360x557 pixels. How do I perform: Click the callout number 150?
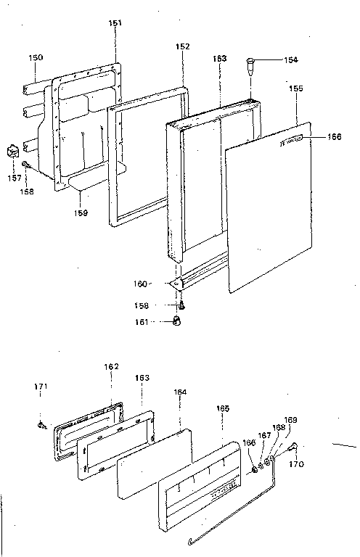coord(36,57)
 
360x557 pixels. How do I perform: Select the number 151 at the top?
coord(115,23)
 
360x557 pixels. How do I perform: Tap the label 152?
coord(182,46)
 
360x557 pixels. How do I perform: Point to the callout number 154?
coord(291,59)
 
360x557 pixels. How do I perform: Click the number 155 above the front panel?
coord(295,88)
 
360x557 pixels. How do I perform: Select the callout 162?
coord(110,367)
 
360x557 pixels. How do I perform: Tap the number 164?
coord(180,392)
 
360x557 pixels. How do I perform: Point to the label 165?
coord(222,409)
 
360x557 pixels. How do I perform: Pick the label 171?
coord(41,387)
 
